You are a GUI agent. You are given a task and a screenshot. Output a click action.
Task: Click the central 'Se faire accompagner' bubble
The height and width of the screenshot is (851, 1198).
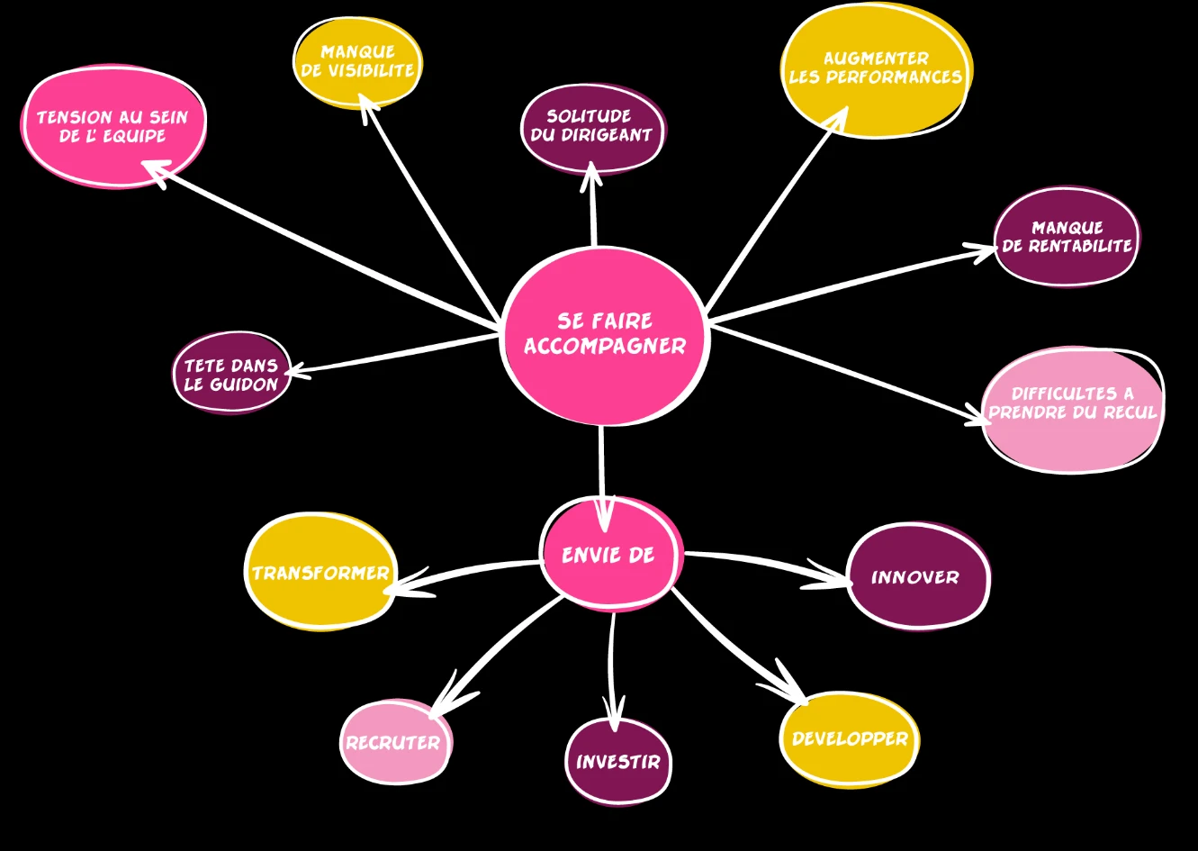tap(604, 335)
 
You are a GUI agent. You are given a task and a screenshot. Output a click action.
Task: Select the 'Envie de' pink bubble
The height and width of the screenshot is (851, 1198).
tap(609, 554)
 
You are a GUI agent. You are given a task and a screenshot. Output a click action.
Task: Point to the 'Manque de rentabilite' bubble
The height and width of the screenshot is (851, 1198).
tap(1067, 236)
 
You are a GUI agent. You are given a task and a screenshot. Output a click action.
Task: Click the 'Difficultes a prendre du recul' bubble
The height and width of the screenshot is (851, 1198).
tap(1072, 409)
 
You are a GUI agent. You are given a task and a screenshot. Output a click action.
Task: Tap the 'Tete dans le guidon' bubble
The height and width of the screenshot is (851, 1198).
tap(231, 373)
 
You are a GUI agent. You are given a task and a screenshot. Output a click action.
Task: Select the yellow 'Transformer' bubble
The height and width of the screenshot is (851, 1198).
tap(320, 572)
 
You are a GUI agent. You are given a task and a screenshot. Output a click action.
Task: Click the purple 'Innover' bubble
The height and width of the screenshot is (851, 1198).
tap(917, 576)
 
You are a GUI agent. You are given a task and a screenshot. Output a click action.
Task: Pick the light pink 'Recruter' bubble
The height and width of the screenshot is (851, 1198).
tap(394, 742)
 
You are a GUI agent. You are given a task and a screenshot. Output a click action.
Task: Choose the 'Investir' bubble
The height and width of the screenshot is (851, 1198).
tap(618, 761)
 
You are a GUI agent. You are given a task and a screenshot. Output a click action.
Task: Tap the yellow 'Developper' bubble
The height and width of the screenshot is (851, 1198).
tap(849, 738)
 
